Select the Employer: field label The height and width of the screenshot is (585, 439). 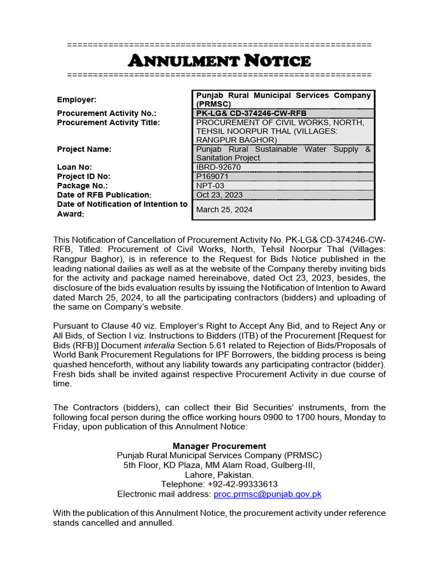(77, 99)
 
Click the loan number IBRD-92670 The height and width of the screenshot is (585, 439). (219, 167)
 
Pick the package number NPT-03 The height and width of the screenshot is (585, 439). (210, 186)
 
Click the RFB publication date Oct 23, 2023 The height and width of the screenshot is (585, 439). (219, 195)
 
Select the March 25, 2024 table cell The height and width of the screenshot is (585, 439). (224, 210)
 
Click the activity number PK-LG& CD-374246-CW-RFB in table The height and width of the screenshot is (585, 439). (252, 114)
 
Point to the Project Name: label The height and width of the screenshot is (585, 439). (84, 149)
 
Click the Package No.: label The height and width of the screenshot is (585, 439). (82, 186)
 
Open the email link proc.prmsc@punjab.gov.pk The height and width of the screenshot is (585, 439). (267, 494)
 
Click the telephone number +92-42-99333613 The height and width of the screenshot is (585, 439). (219, 484)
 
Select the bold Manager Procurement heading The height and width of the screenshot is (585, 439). (219, 446)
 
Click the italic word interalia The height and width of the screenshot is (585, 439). (161, 345)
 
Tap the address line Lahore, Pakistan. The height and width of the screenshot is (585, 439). (219, 475)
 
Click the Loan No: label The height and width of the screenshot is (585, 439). (74, 167)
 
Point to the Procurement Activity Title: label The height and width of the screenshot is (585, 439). (109, 122)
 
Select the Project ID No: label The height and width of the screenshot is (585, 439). (83, 177)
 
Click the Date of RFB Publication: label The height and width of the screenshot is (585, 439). (104, 195)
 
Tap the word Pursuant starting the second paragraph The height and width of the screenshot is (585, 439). (71, 326)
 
